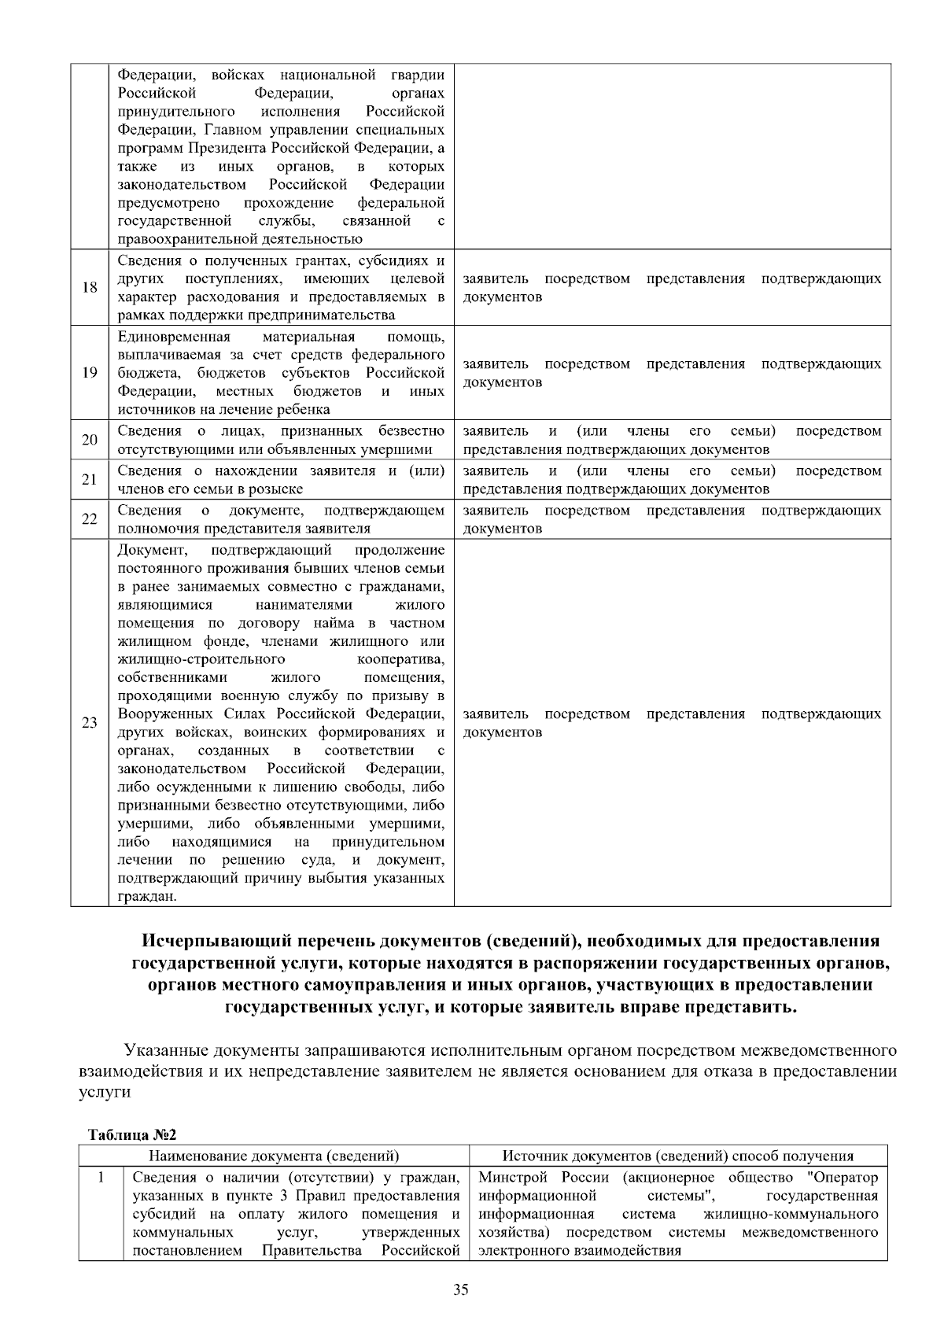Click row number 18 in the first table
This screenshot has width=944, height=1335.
90,287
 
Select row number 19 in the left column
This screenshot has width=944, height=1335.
90,373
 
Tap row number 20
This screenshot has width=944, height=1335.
90,440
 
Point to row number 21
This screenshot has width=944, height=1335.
90,480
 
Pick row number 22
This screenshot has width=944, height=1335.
90,519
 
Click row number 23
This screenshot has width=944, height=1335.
90,723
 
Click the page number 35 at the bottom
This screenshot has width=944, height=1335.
462,1289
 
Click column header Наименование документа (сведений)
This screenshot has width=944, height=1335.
274,1156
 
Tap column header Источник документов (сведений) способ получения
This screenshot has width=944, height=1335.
678,1156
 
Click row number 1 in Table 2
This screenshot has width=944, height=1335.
100,1178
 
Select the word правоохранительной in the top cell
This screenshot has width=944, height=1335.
185,239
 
